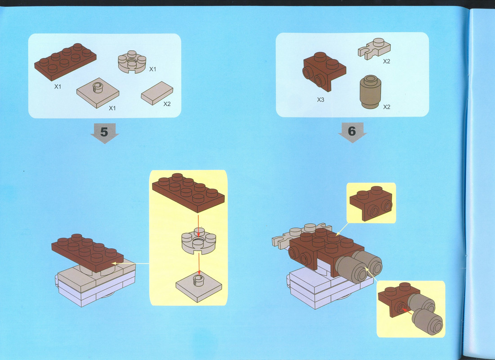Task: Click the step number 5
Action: tap(104, 132)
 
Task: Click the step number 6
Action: tap(352, 131)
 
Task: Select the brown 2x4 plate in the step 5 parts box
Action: tap(65, 62)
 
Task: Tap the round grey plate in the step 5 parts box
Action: tap(132, 62)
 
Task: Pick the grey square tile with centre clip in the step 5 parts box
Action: tap(98, 93)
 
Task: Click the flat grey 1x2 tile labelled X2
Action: tap(157, 93)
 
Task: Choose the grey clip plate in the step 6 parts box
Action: tap(375, 49)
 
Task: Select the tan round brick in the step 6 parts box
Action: tap(370, 92)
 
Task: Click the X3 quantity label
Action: tap(321, 100)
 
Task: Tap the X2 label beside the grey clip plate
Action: tap(387, 61)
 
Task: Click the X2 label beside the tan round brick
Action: tap(387, 107)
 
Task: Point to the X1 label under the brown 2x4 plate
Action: tap(58, 86)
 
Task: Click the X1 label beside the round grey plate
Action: tap(153, 69)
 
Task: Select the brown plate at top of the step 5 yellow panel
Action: tap(188, 193)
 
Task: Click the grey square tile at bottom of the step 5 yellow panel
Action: tap(199, 286)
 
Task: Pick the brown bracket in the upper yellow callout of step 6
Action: tap(371, 203)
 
